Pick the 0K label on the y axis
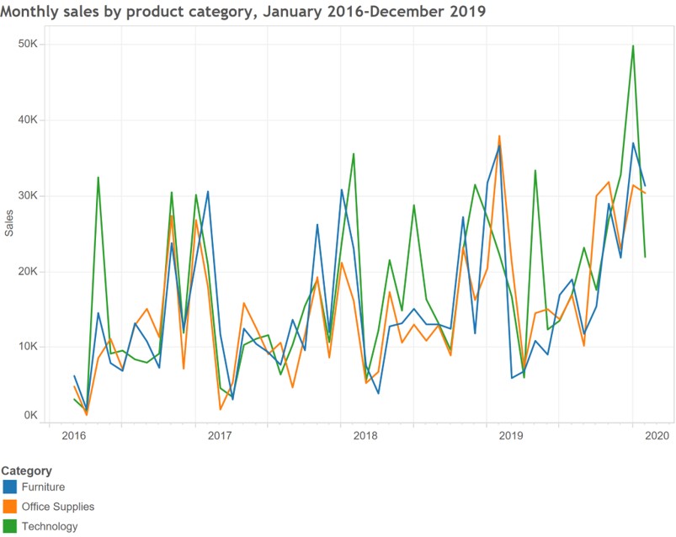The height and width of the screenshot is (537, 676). (x=29, y=415)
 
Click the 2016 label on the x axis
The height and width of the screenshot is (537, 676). (x=74, y=436)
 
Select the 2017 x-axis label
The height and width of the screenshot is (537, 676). (x=220, y=436)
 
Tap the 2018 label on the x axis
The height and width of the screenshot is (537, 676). (x=365, y=436)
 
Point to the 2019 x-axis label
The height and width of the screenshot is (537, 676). (x=511, y=436)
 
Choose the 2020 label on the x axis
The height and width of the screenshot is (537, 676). (x=657, y=436)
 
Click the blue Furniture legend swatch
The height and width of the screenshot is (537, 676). (x=10, y=486)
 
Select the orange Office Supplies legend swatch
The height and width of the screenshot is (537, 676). (x=10, y=507)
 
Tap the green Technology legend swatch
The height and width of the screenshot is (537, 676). (x=10, y=527)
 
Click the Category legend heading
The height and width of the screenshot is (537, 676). (x=27, y=471)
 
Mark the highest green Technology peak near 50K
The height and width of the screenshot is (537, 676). (x=633, y=46)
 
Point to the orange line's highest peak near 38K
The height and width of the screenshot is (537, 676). (x=499, y=136)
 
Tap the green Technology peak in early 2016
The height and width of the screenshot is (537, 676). (x=98, y=178)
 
